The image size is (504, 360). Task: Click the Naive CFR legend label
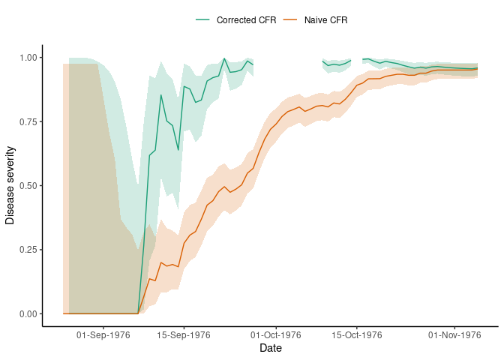click(x=325, y=19)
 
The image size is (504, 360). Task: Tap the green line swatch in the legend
click(x=203, y=19)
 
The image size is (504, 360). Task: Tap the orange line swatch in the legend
click(x=291, y=19)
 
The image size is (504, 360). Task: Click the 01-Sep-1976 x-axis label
click(x=103, y=335)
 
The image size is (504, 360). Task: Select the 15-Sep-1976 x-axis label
click(x=184, y=335)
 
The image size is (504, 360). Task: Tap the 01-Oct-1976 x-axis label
click(x=276, y=335)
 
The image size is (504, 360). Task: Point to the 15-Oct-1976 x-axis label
click(x=356, y=335)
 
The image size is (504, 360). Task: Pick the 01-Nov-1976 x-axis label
click(x=454, y=335)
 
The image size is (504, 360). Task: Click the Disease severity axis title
click(x=10, y=185)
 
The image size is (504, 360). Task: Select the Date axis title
click(x=271, y=349)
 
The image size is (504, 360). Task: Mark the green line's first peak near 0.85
click(x=161, y=95)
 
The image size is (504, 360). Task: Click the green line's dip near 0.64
click(x=178, y=150)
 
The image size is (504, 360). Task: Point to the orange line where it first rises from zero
click(x=138, y=313)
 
